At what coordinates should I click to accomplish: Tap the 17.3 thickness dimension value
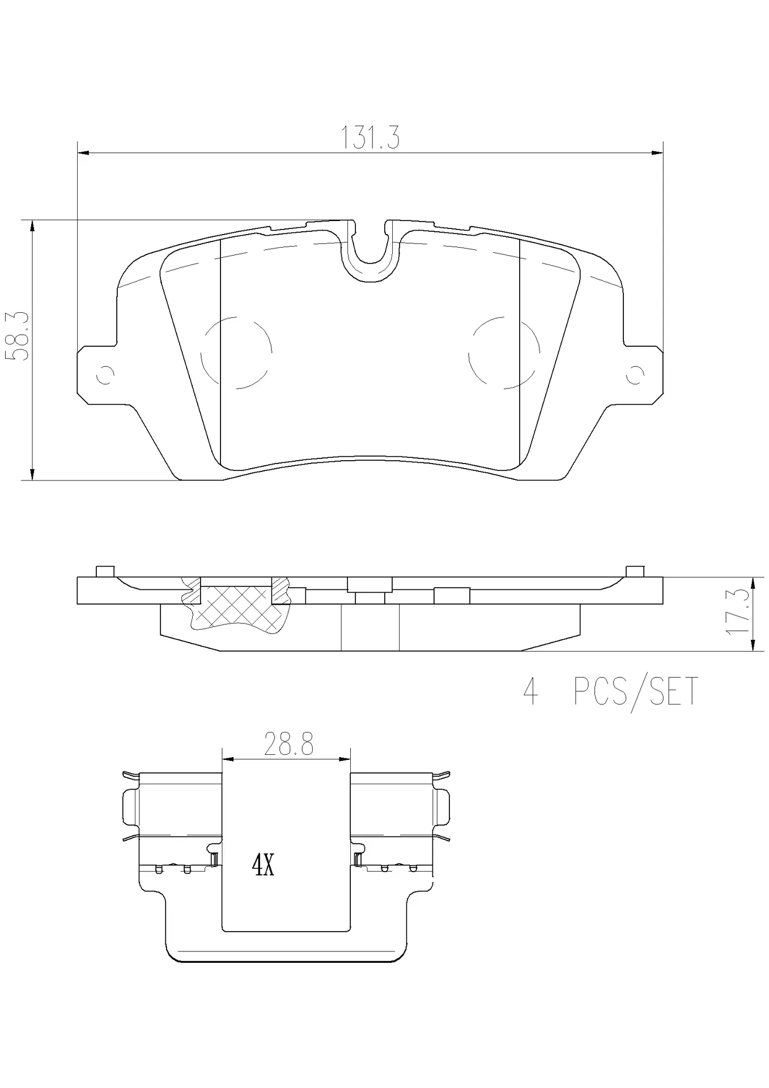coord(736,612)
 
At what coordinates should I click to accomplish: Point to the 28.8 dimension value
coord(288,744)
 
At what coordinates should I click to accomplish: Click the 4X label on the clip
coord(263,865)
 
